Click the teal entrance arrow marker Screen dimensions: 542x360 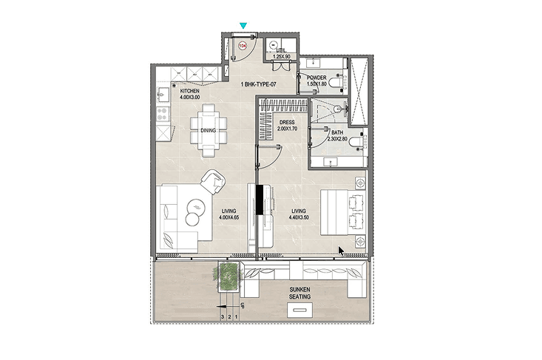[243, 26]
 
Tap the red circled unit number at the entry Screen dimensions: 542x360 [243, 46]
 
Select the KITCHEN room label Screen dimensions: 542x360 [190, 91]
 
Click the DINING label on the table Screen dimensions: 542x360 [208, 130]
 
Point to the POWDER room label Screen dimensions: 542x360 [316, 78]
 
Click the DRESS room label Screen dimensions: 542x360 [287, 122]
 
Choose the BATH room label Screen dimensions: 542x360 [337, 132]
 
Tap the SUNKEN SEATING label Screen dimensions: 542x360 [299, 293]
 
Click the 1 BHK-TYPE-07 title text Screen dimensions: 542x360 [259, 84]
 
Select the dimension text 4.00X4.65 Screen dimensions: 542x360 [228, 217]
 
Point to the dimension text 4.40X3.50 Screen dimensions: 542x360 [299, 217]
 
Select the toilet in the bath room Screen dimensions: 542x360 [356, 142]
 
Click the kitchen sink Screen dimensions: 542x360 [163, 94]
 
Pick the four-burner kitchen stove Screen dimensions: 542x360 [163, 113]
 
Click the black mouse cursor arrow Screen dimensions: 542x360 [341, 251]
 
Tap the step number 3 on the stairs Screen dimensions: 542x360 [223, 316]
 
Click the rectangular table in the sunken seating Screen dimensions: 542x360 [299, 310]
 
